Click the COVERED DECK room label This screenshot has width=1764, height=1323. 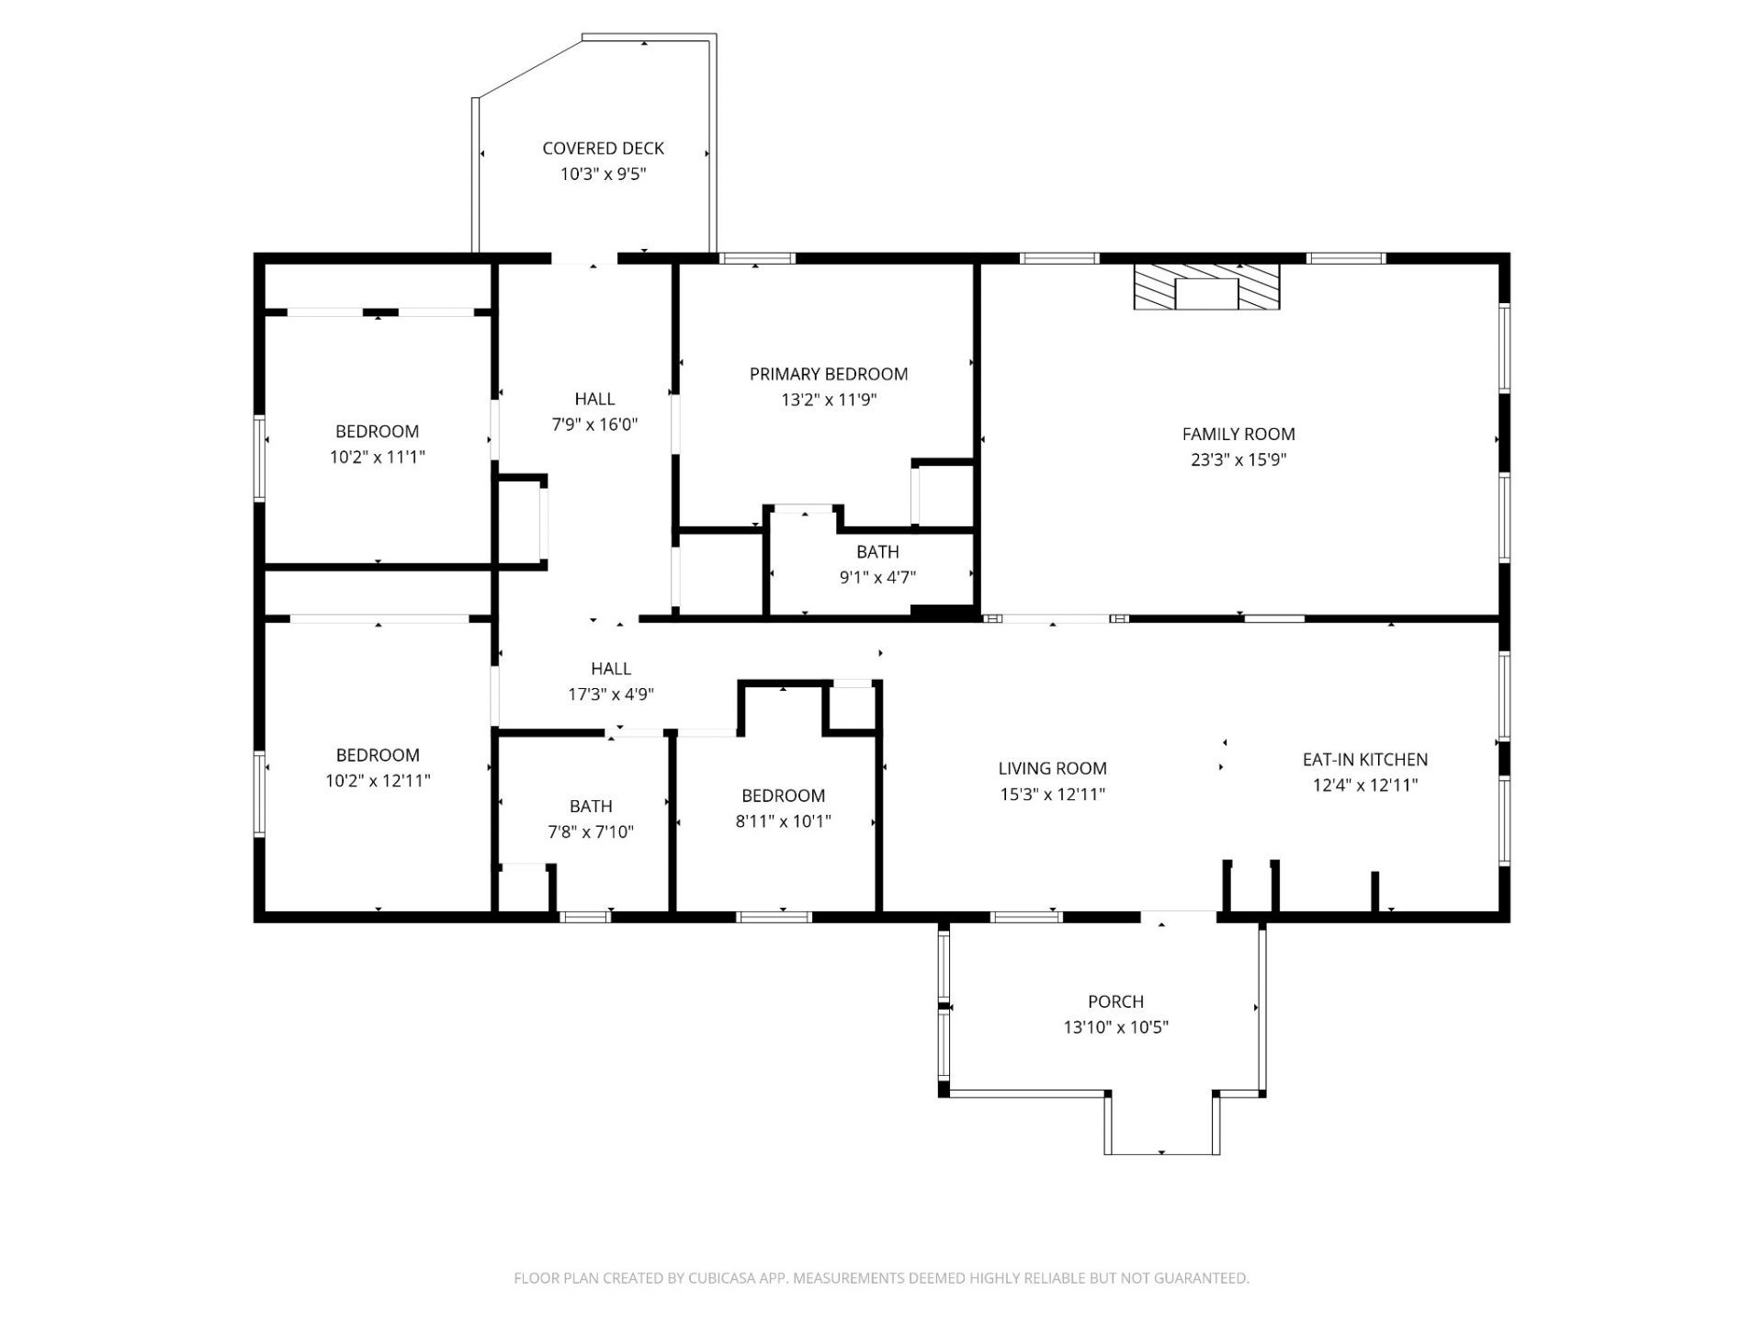[603, 148]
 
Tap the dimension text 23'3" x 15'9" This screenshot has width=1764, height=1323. [1238, 459]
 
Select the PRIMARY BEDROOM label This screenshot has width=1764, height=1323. [829, 374]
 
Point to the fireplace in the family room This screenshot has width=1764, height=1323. [1206, 287]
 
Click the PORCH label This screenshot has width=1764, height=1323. [1116, 1001]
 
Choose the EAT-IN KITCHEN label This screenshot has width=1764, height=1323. [1365, 760]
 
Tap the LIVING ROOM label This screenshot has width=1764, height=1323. [1053, 768]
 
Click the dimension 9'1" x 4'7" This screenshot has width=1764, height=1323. [878, 577]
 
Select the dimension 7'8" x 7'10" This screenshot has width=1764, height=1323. [591, 831]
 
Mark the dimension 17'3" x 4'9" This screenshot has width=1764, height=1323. [611, 694]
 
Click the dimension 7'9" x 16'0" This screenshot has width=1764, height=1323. [594, 424]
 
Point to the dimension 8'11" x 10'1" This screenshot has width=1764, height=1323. [784, 820]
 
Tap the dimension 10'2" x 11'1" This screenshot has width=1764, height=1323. [378, 457]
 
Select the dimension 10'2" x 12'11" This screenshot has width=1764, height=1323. [378, 780]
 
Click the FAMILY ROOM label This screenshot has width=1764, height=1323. [1238, 434]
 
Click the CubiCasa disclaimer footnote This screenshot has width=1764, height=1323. [881, 1278]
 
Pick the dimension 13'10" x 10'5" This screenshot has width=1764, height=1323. [1116, 1027]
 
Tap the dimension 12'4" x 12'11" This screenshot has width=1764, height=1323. [1365, 786]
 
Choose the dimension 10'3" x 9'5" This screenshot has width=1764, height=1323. [604, 174]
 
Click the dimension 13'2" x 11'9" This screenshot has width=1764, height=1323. [830, 400]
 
